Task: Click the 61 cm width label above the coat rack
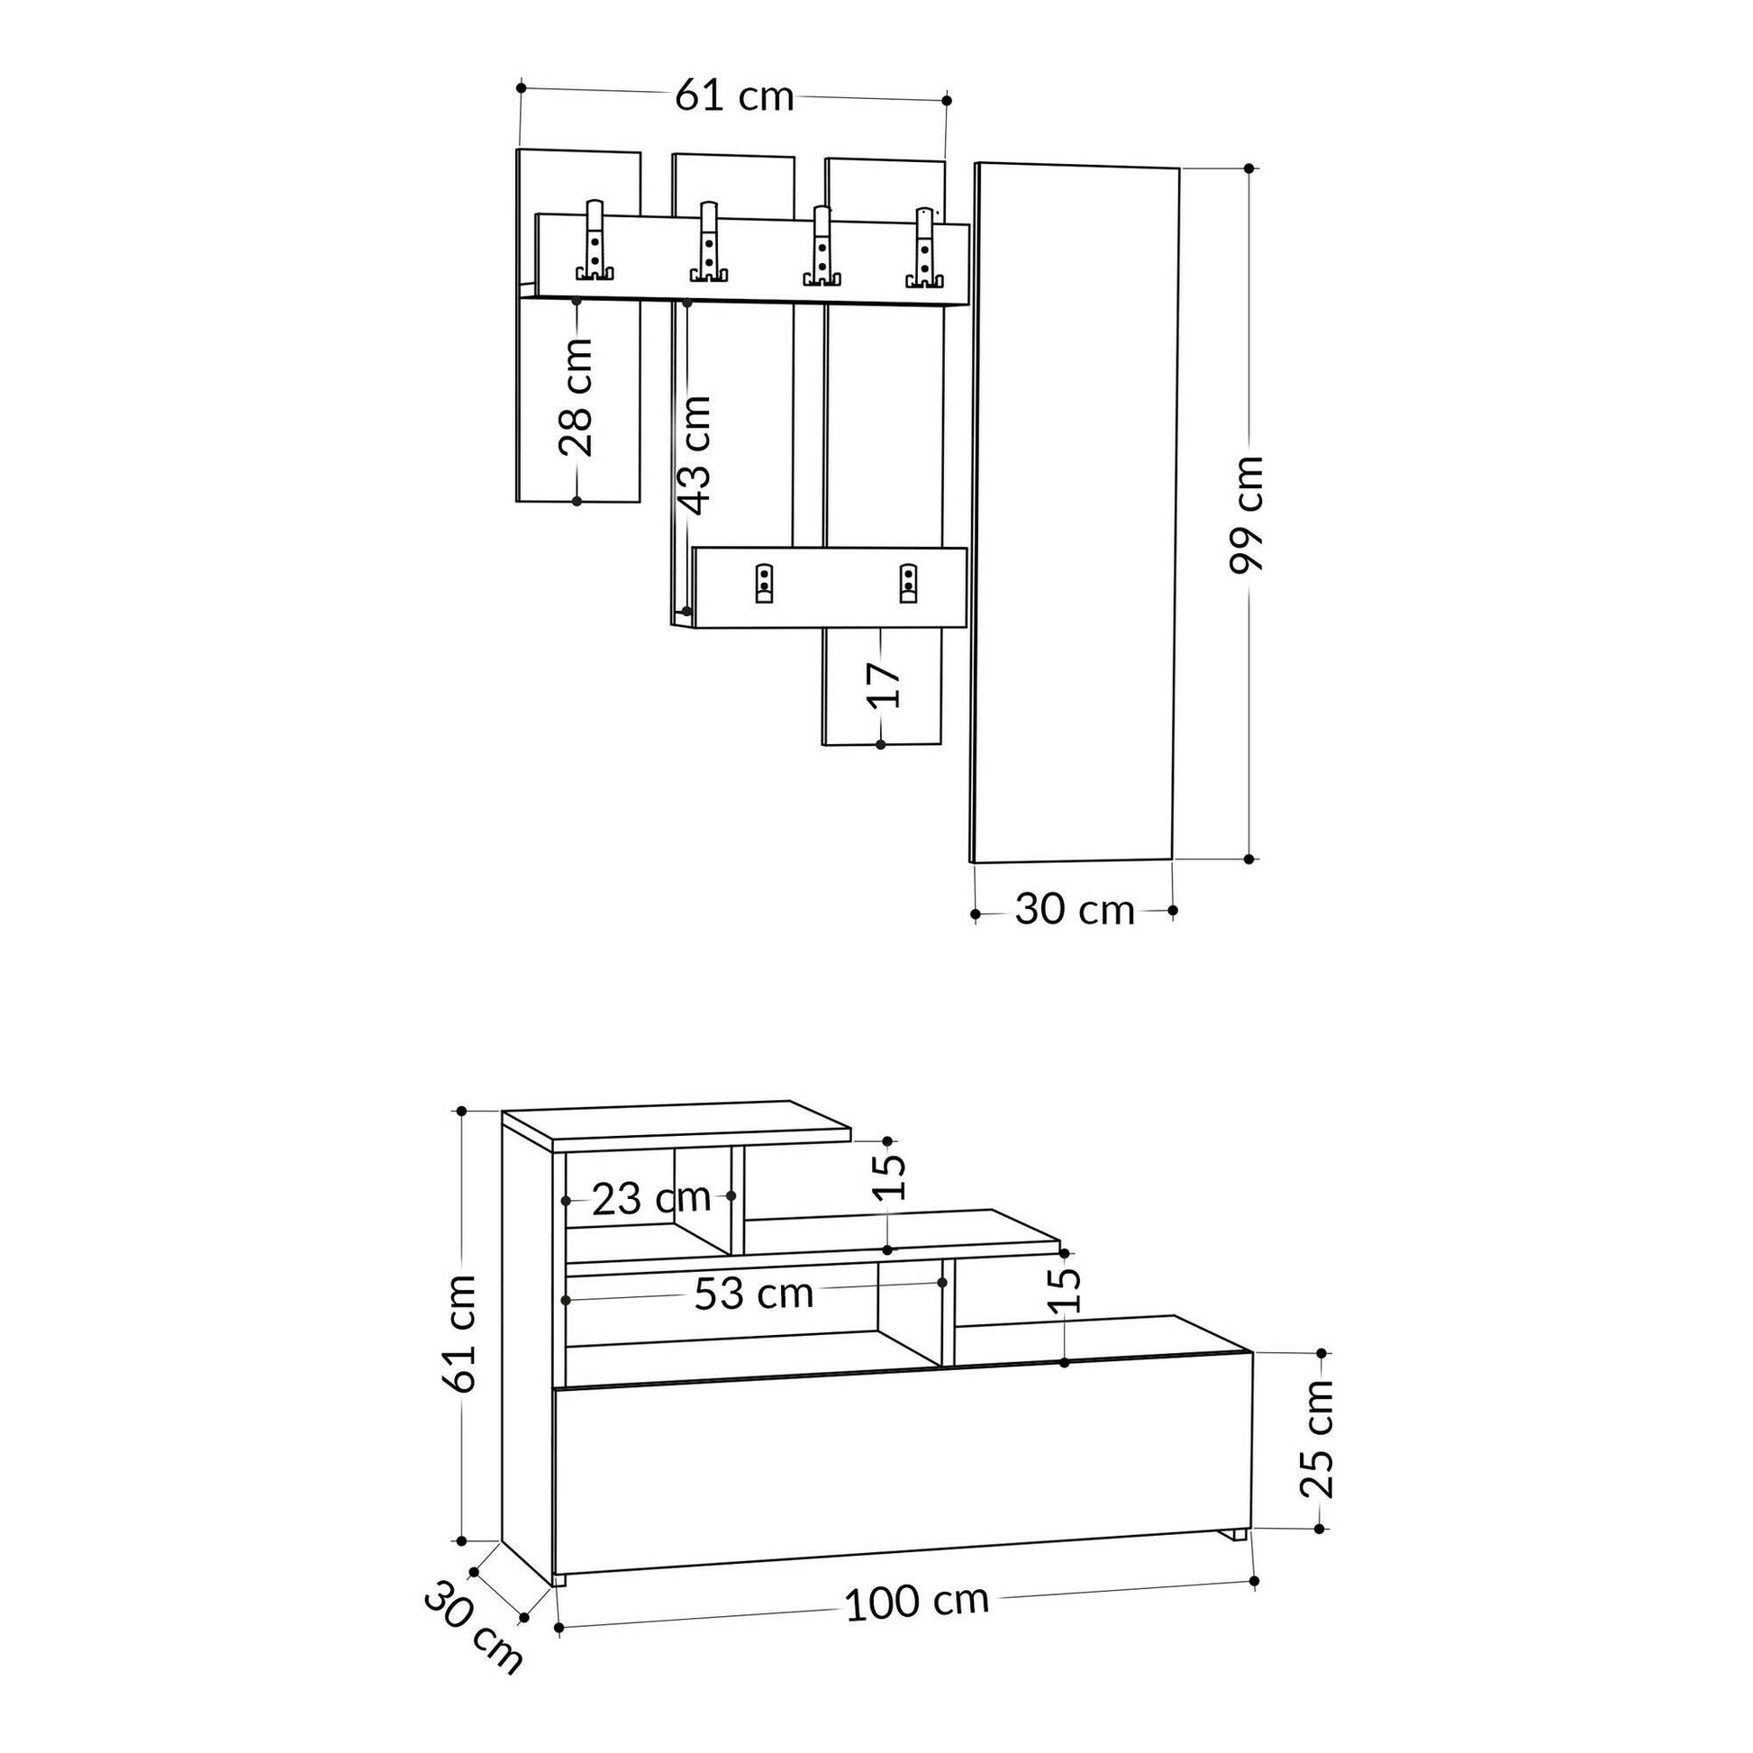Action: tap(734, 95)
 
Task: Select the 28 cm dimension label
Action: tap(576, 397)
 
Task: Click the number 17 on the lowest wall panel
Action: tap(882, 685)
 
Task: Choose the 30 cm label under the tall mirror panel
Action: tap(1075, 910)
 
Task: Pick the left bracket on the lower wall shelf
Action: tap(764, 584)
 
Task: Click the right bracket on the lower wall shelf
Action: tap(907, 584)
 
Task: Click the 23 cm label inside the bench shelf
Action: tap(650, 1199)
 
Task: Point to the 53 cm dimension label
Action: tap(753, 1294)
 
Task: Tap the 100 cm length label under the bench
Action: tap(916, 1603)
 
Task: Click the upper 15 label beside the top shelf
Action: tap(894, 1176)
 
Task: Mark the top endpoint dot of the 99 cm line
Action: tap(1249, 168)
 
